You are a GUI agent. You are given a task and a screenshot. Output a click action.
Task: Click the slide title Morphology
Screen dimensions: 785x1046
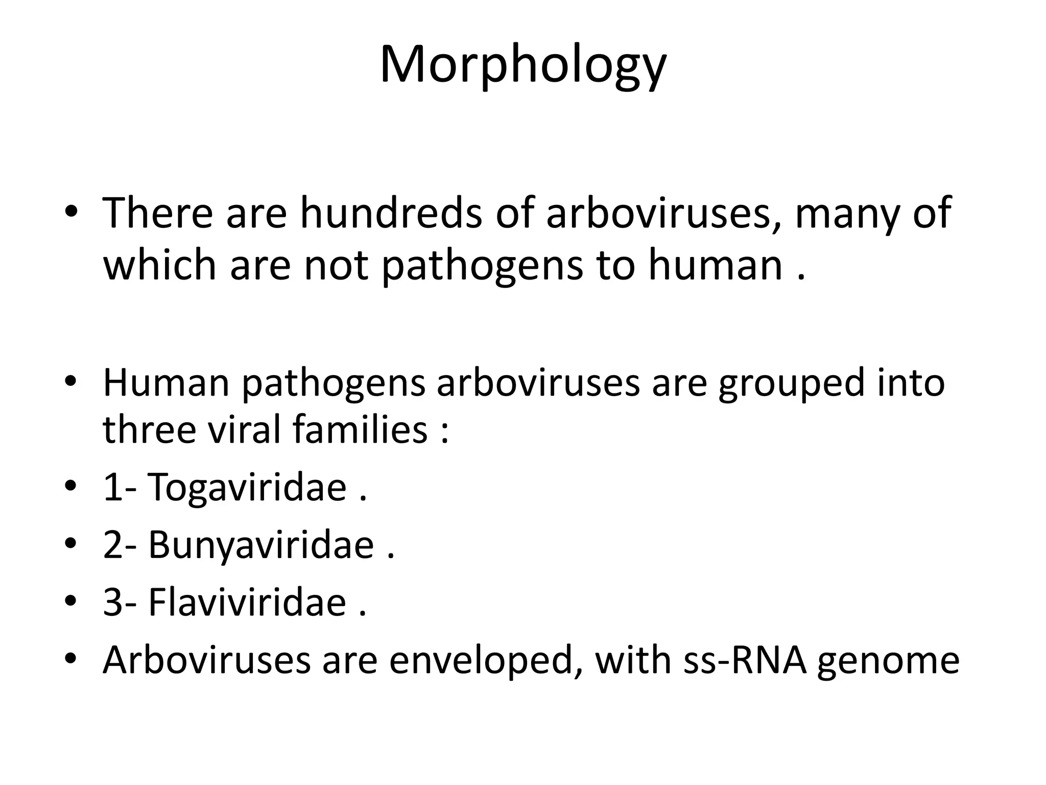[522, 65]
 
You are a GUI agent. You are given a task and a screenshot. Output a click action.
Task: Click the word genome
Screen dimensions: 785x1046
[888, 662]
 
